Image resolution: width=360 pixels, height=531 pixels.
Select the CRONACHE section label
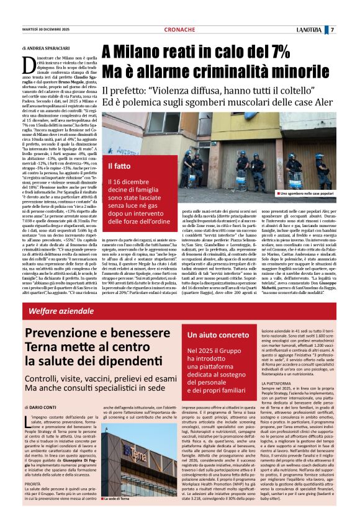coord(179,30)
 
